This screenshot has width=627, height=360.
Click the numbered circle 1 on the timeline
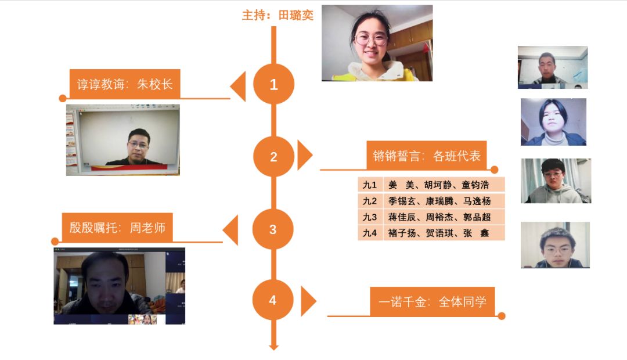point(273,84)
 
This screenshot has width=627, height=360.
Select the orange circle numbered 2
point(273,156)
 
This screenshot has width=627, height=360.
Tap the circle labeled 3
point(273,229)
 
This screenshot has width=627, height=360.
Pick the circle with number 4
point(273,300)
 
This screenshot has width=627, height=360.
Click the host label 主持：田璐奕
point(278,16)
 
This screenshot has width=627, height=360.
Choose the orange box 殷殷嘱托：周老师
point(117,228)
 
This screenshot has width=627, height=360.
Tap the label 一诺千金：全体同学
point(433,301)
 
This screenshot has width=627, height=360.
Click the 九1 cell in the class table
point(370,185)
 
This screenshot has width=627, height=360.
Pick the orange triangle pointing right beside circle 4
point(308,301)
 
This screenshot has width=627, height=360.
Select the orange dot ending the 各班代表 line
point(495,170)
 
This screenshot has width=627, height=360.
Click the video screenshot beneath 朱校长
point(123,140)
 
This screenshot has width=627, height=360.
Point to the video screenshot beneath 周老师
point(120,286)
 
